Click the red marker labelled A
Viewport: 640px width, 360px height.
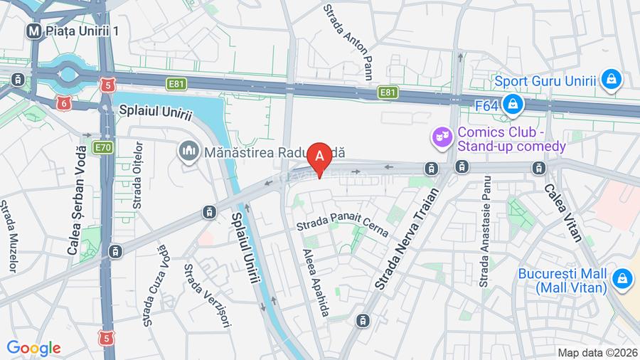click(320, 155)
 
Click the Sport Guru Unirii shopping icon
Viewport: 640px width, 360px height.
click(610, 80)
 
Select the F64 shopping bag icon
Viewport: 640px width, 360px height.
click(511, 105)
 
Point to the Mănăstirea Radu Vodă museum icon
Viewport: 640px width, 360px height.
click(188, 151)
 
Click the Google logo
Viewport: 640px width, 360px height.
click(33, 348)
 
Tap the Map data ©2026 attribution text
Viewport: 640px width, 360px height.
click(597, 352)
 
